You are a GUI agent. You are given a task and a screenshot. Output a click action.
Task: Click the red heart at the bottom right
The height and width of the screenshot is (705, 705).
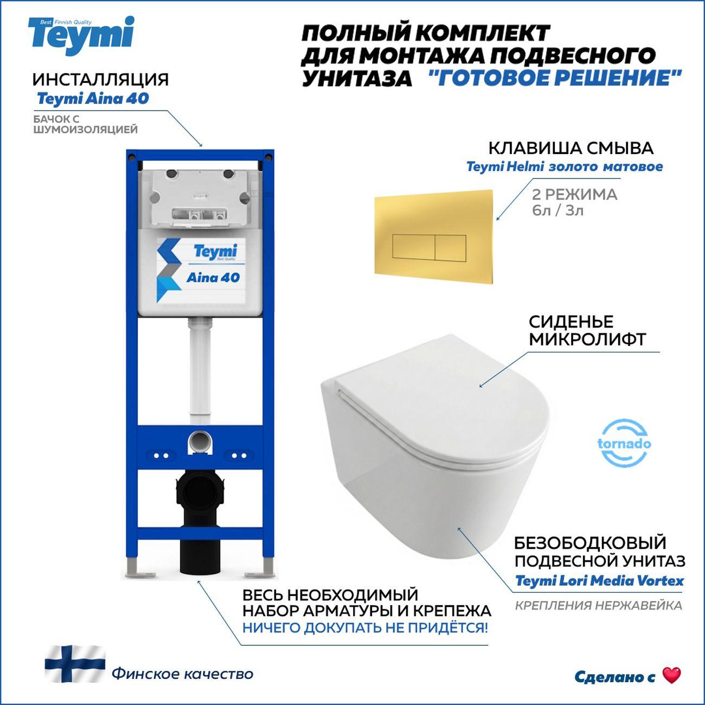click(x=671, y=676)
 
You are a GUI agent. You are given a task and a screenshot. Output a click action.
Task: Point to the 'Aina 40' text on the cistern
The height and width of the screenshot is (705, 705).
click(x=213, y=277)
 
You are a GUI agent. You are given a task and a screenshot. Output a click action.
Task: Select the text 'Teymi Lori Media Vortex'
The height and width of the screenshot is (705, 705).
click(x=599, y=581)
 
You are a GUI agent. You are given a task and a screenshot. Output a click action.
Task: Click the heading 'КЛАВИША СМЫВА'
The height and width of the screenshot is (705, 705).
click(x=571, y=148)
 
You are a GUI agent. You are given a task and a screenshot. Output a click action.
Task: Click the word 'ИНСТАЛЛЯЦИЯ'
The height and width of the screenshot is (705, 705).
click(x=100, y=79)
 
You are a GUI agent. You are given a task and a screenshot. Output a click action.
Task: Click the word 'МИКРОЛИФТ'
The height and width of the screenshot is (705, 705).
click(x=587, y=339)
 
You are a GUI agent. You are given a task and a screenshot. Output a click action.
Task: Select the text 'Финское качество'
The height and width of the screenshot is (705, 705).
click(x=182, y=674)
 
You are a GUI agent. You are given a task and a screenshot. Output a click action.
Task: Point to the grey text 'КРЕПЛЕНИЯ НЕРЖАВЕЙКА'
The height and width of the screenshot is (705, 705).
click(x=598, y=605)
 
